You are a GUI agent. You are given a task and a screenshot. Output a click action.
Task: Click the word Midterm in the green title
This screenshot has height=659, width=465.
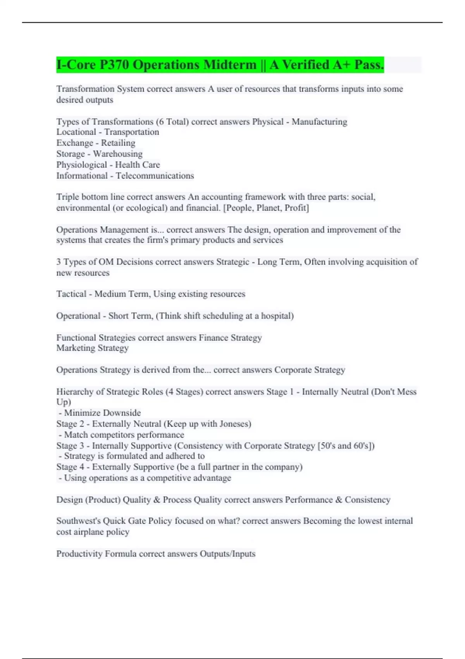(230, 65)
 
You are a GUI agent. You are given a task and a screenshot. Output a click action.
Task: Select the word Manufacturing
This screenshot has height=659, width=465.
(319, 122)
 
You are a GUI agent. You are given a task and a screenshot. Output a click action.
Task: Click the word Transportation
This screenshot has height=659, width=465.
(131, 132)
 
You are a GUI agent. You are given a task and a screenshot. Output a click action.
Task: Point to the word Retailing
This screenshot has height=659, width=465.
(118, 143)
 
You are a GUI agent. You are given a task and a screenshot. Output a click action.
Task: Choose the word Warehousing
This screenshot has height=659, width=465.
(118, 154)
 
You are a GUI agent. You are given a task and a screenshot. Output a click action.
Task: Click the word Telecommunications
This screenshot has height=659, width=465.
(155, 176)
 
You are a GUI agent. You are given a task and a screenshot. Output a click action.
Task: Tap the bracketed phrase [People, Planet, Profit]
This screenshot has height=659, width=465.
(266, 208)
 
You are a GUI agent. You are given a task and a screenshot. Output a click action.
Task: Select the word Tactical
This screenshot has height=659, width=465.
(71, 294)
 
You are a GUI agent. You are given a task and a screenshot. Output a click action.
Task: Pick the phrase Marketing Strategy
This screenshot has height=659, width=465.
(92, 348)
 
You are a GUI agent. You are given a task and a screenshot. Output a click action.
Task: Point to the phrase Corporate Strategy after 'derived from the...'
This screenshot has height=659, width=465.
(310, 370)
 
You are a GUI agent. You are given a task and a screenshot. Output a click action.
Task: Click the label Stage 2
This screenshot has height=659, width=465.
(70, 424)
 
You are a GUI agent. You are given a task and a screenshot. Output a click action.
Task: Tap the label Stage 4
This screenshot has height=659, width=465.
(70, 467)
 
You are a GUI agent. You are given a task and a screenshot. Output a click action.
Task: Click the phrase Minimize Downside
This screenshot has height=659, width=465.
(102, 413)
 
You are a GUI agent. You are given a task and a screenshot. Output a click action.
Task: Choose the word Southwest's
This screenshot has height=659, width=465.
(78, 521)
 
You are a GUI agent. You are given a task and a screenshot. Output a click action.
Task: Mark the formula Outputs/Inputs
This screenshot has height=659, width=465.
(227, 554)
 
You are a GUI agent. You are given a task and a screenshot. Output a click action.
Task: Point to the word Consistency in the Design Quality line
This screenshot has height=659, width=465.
(367, 500)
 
